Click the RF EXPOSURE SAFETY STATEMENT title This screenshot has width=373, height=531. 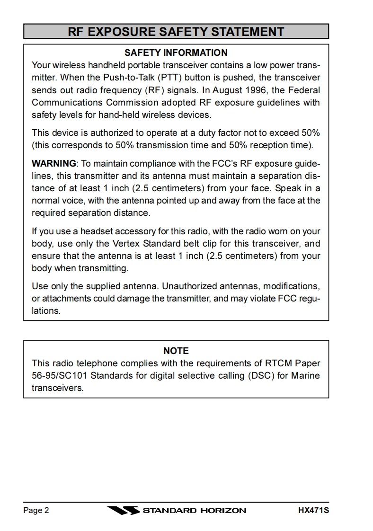176,32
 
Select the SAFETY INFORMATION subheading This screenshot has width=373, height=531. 176,53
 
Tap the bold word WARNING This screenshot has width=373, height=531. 53,164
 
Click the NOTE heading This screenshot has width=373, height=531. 176,351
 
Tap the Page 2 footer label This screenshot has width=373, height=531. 36,510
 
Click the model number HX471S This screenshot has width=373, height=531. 313,510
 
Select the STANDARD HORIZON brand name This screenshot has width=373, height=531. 194,510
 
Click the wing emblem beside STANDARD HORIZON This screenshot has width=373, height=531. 123,510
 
